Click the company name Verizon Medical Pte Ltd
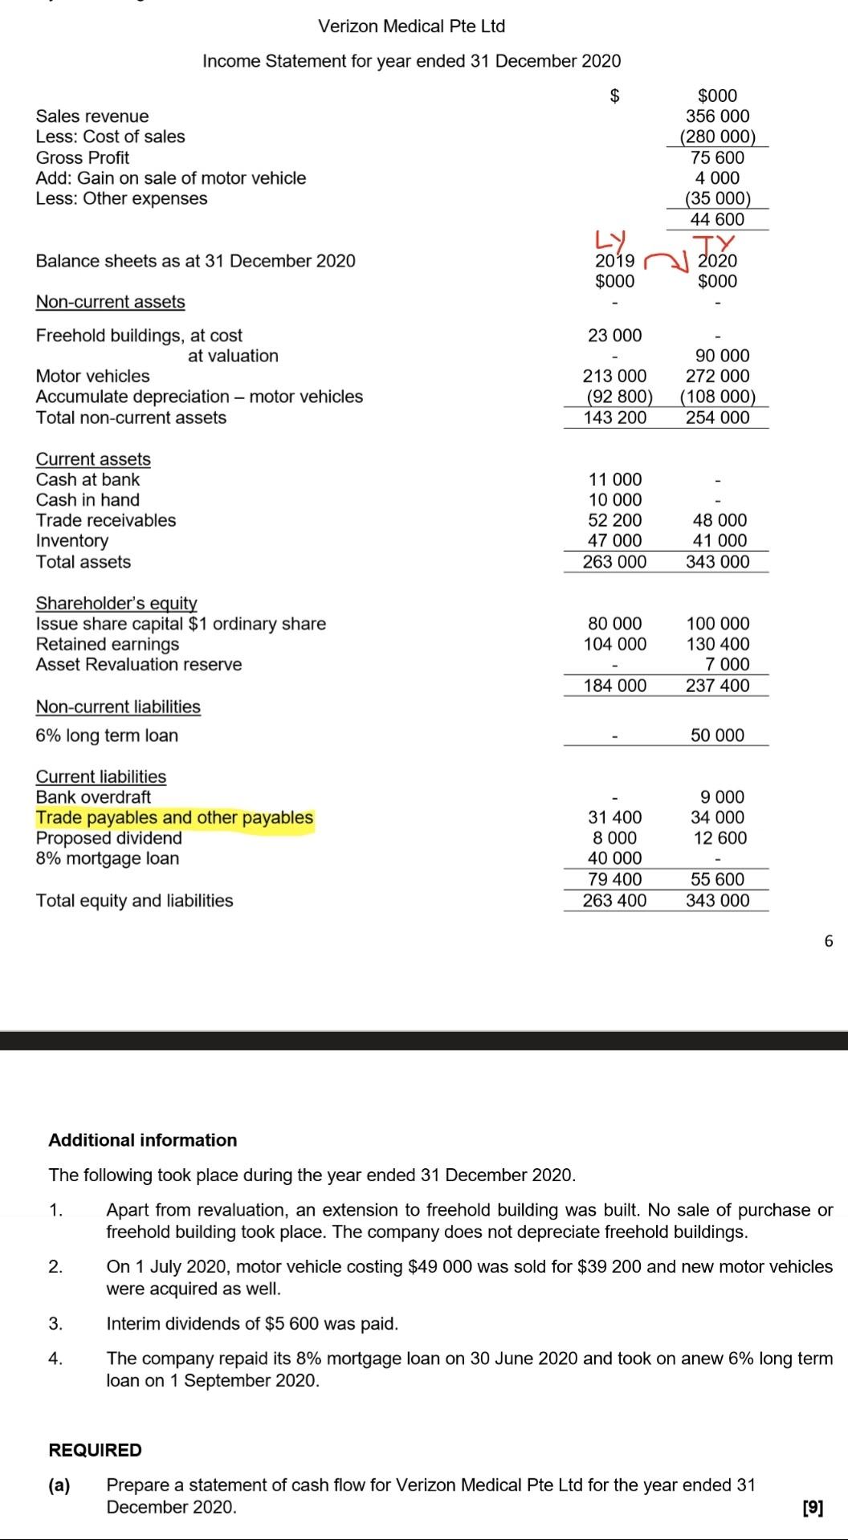click(x=411, y=26)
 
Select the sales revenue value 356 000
click(x=717, y=116)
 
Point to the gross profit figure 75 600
click(x=717, y=157)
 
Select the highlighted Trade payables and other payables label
click(x=174, y=817)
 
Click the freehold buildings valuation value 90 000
click(x=717, y=356)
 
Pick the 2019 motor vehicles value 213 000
click(x=614, y=376)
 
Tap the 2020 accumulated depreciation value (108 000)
click(x=717, y=397)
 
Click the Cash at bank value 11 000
click(x=614, y=479)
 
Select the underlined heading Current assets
click(x=93, y=458)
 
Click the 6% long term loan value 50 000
click(x=717, y=735)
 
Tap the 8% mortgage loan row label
click(x=108, y=858)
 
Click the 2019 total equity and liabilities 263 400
click(x=614, y=900)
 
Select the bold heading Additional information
click(x=143, y=1140)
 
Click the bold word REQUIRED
click(x=95, y=1450)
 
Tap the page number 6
click(x=829, y=941)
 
